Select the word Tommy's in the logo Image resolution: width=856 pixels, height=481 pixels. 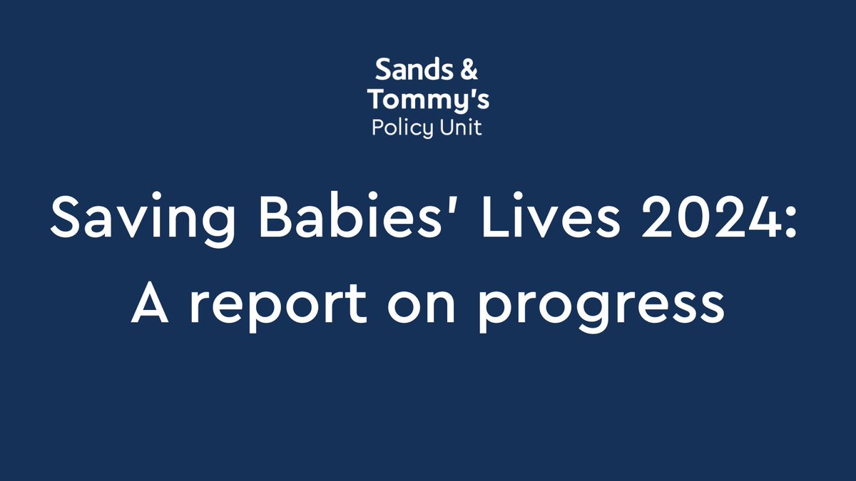pyautogui.click(x=428, y=100)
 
